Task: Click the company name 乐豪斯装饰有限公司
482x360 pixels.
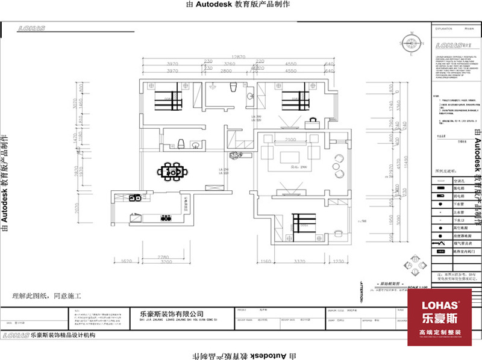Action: [x=171, y=314]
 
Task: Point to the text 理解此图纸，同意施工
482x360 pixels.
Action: [x=46, y=296]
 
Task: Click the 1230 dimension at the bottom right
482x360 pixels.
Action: [x=339, y=261]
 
